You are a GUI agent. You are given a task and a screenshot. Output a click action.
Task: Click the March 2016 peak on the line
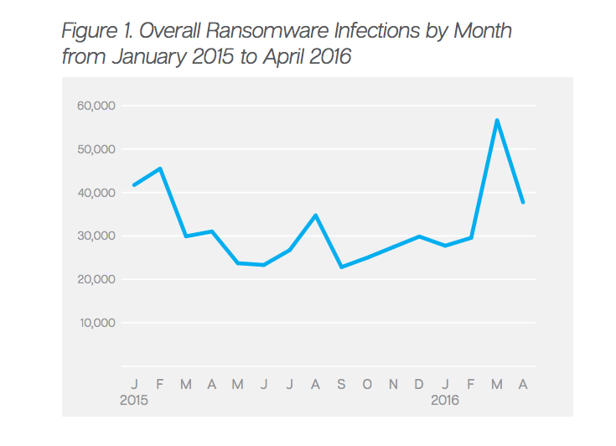coord(497,120)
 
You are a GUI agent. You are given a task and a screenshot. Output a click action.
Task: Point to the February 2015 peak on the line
coord(160,169)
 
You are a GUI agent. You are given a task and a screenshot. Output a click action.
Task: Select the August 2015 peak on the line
coord(315,215)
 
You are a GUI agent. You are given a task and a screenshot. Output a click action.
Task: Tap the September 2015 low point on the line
coord(341,267)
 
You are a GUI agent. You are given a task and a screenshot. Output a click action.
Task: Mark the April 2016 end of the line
coord(523,202)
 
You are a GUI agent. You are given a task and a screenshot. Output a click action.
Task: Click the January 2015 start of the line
coord(134,185)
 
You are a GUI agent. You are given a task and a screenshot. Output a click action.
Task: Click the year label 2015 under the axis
coord(134,401)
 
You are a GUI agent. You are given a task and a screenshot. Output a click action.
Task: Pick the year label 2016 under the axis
coord(445,401)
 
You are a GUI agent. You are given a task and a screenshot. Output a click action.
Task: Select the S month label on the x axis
coord(341,385)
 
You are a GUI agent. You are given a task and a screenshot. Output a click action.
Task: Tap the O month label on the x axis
coord(367,385)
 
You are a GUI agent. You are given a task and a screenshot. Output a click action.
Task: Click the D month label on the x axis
coord(419,385)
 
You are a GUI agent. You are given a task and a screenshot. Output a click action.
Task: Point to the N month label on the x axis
coord(393,385)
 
